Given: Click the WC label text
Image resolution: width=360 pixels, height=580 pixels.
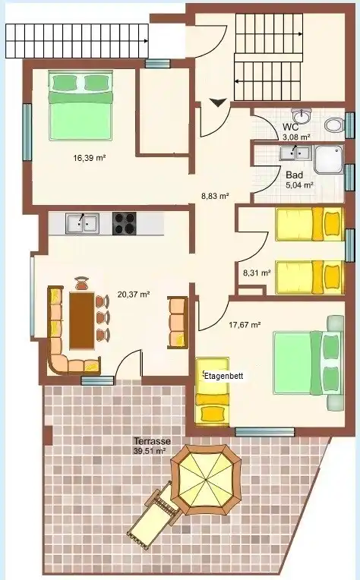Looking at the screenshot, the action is coord(290,128).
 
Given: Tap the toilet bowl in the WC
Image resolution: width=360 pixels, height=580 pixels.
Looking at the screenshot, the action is coord(334,125).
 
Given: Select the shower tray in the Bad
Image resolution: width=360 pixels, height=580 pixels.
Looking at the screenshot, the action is coord(329,159).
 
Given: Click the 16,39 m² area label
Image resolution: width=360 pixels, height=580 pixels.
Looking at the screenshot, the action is coord(90,159).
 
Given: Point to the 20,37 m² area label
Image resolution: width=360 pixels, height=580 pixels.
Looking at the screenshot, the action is coord(134,295).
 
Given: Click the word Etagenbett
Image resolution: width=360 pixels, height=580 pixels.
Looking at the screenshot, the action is coord(224,376).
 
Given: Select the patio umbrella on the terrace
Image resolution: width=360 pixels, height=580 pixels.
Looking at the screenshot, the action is coord(206,480).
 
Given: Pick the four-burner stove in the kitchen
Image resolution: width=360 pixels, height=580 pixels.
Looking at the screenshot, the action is coord(125,223).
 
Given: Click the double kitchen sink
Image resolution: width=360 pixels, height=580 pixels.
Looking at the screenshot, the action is coord(82,224).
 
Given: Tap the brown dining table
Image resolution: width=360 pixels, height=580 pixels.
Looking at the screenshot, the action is coord(82,320).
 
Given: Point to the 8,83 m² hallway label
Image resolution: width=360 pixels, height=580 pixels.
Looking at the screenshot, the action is coord(215,196).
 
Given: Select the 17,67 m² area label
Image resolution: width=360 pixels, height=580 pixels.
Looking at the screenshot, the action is coord(245,325).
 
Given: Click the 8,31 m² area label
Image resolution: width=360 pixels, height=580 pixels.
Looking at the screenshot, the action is coord(257,273).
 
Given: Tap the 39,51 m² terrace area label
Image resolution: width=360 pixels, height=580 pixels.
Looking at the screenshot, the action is coord(149,450).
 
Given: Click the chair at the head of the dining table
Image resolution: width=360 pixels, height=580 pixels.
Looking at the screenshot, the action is coord(82,284).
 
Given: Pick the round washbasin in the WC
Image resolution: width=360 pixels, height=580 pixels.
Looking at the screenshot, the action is coord(302,116).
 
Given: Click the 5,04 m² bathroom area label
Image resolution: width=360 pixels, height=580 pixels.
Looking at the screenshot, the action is coord(300,185).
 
